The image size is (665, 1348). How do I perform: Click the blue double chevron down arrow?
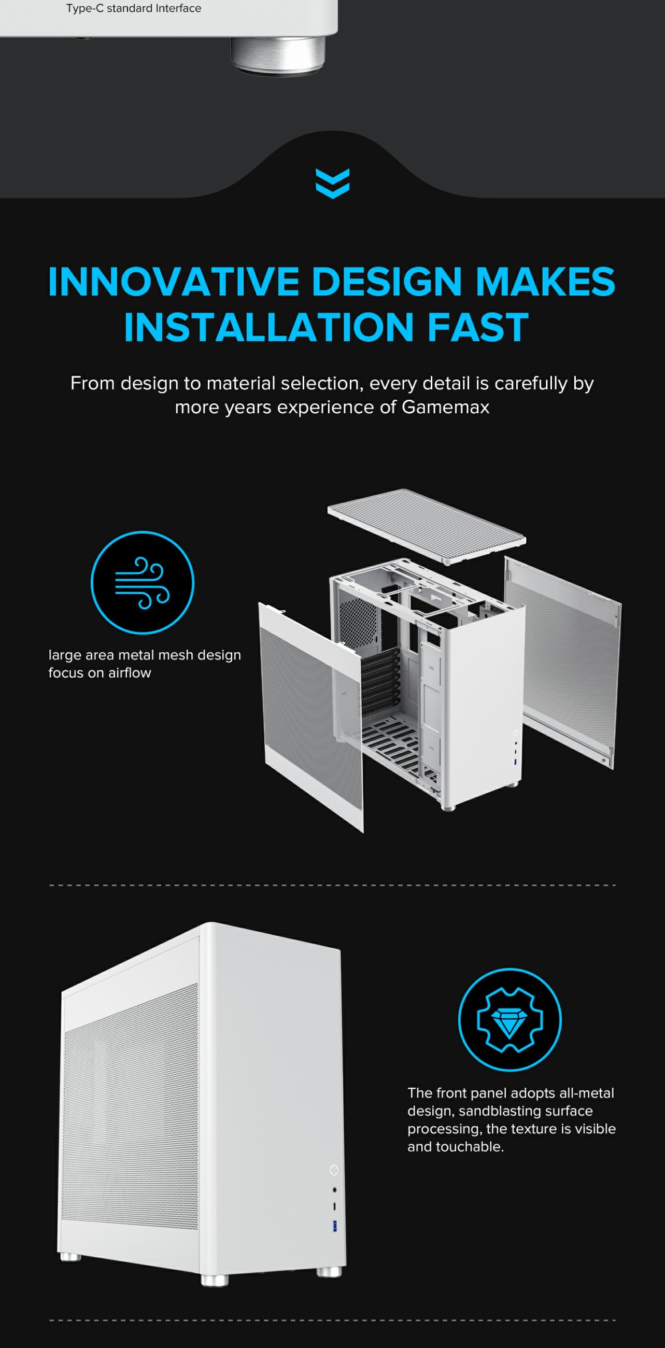click(x=332, y=183)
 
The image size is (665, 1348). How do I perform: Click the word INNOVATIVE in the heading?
click(x=173, y=282)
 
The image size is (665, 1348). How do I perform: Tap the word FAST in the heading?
click(x=478, y=328)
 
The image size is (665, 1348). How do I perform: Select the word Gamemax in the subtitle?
click(x=445, y=407)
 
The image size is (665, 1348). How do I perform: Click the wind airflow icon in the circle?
click(x=143, y=582)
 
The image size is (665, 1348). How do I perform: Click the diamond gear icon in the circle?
click(x=510, y=1019)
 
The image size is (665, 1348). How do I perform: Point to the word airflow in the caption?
click(x=130, y=673)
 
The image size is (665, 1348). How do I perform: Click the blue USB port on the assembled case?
click(x=334, y=1226)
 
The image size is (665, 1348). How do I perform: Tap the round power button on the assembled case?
click(x=334, y=1170)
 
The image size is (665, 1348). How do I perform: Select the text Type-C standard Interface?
click(x=133, y=8)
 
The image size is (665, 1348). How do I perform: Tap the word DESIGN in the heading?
click(x=386, y=282)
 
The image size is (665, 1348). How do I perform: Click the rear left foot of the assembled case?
click(x=70, y=1256)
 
